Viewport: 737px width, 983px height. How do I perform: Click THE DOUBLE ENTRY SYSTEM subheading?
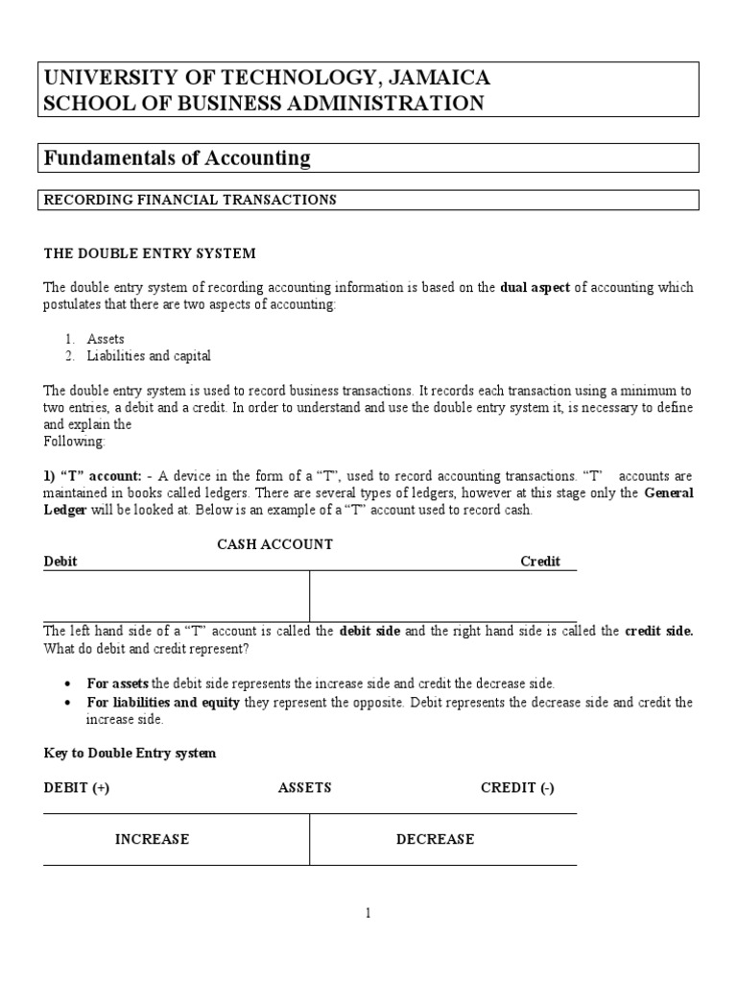point(150,253)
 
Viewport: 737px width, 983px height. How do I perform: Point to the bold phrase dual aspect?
point(535,287)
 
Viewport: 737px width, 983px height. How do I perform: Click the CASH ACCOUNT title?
point(274,544)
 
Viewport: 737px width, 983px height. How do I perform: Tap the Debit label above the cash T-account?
point(60,562)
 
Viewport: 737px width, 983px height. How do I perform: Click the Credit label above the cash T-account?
point(540,562)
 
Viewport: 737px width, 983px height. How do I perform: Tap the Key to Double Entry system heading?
point(130,754)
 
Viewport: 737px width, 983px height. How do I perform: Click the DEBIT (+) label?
point(77,788)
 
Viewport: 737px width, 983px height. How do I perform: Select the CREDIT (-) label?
point(517,788)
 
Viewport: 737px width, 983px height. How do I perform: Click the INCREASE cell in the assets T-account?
point(152,840)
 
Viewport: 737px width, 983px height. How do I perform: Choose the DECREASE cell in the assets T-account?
point(435,840)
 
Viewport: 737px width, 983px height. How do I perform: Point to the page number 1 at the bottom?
point(368,914)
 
